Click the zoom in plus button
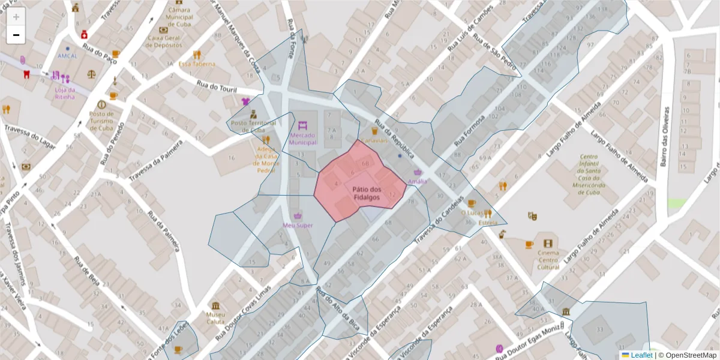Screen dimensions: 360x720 tap(16, 17)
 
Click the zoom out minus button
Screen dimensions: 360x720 tap(16, 35)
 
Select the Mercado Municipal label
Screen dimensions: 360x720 tap(302, 139)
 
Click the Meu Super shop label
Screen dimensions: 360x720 tap(298, 225)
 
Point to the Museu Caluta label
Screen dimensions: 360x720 tap(215, 318)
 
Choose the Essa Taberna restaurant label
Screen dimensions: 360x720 tap(197, 64)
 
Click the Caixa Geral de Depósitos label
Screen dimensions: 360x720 tap(164, 41)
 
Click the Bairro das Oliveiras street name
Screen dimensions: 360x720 tap(665, 136)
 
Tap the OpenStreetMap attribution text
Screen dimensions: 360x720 tap(688, 355)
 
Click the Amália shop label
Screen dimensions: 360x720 tap(418, 181)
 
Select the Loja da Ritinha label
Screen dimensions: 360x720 tap(65, 93)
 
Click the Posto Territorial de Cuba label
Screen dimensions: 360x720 tap(253, 126)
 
